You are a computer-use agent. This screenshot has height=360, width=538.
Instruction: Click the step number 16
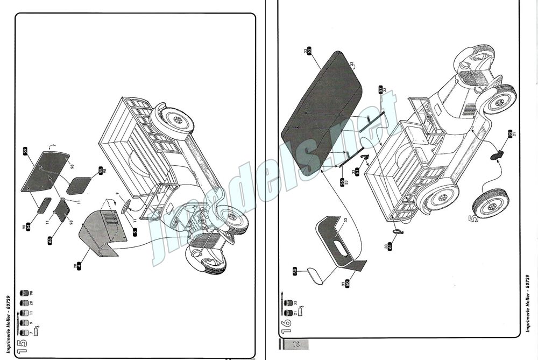click(x=286, y=322)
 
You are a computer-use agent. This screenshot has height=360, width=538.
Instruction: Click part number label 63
click(x=49, y=238)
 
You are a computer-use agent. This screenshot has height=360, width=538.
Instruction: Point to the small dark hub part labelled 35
click(x=497, y=156)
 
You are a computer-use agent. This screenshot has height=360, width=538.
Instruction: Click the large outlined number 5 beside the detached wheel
click(x=473, y=219)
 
